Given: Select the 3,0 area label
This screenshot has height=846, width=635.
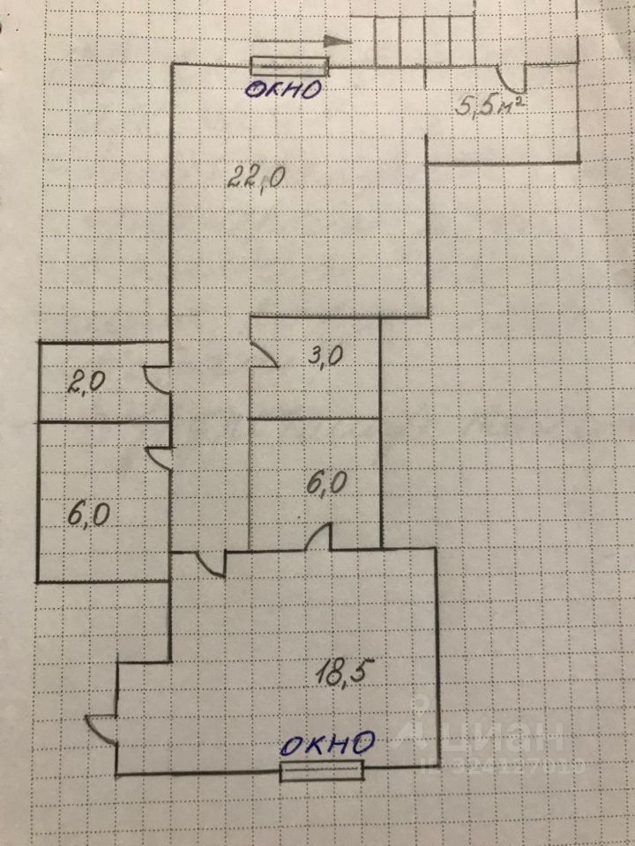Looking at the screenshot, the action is (326, 357).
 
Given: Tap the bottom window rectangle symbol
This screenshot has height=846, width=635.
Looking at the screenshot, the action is (322, 772).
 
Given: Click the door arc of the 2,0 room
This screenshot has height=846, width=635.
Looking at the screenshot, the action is (157, 382).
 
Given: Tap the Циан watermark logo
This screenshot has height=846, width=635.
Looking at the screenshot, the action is (494, 736).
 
